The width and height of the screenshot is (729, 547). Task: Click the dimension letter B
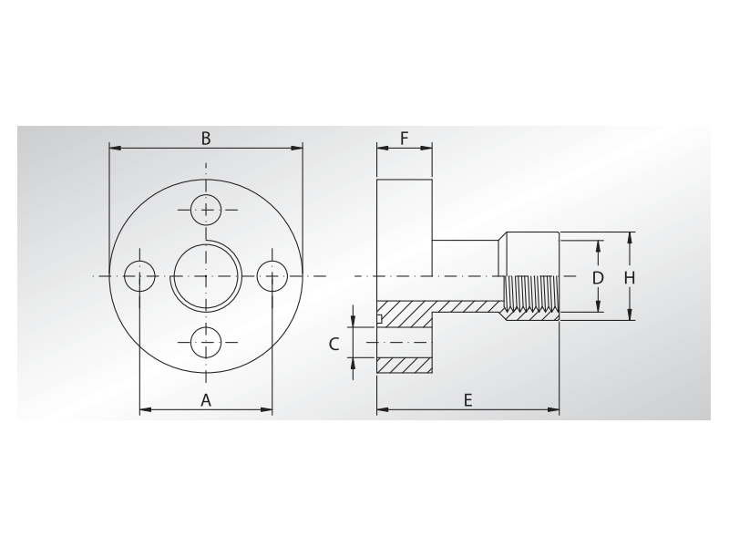(x=206, y=138)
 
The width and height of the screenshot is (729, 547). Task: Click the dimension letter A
(x=206, y=399)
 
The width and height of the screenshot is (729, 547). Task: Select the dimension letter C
(x=334, y=344)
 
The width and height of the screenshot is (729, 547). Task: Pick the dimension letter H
(x=630, y=277)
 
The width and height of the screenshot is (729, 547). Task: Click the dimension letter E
(x=467, y=399)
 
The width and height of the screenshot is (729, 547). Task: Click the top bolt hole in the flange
(x=207, y=210)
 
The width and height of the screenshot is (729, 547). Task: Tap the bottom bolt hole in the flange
(x=207, y=343)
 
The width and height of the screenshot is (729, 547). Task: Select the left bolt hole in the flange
(x=139, y=275)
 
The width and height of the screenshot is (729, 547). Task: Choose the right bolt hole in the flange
(x=273, y=275)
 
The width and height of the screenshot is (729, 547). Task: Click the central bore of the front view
(x=207, y=276)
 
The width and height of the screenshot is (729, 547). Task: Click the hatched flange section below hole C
(x=405, y=364)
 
